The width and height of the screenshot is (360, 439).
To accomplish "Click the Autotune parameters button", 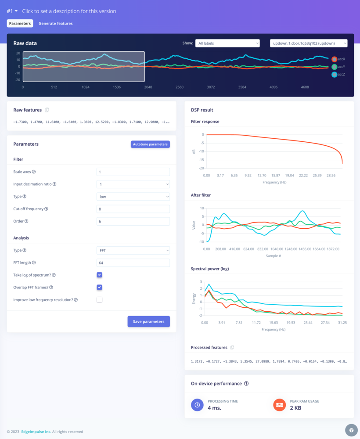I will click(150, 144).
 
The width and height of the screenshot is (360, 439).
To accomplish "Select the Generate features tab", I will click(56, 23).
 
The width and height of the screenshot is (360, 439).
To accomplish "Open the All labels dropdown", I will click(227, 43).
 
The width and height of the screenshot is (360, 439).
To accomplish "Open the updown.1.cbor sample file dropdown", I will click(308, 43).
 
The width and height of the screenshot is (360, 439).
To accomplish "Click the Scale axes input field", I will click(133, 172).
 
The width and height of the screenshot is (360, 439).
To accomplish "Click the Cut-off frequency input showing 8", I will click(133, 209).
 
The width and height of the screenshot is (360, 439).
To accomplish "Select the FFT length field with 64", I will click(133, 263).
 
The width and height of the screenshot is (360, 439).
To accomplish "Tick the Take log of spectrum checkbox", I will click(100, 275).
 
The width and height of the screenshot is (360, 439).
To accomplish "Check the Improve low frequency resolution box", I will click(100, 299).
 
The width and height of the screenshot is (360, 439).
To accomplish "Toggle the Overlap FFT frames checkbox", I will click(100, 287).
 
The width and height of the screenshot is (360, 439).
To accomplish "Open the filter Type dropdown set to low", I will click(133, 197).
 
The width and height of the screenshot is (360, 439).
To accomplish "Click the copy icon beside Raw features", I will click(47, 110).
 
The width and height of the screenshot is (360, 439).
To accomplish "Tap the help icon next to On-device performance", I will click(246, 384).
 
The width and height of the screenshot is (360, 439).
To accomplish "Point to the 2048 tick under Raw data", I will click(148, 87).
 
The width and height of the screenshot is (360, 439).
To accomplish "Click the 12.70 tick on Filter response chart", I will click(262, 175).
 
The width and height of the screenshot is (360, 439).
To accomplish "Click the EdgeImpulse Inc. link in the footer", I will click(36, 432).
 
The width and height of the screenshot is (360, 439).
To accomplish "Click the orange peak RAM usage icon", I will click(280, 405).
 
